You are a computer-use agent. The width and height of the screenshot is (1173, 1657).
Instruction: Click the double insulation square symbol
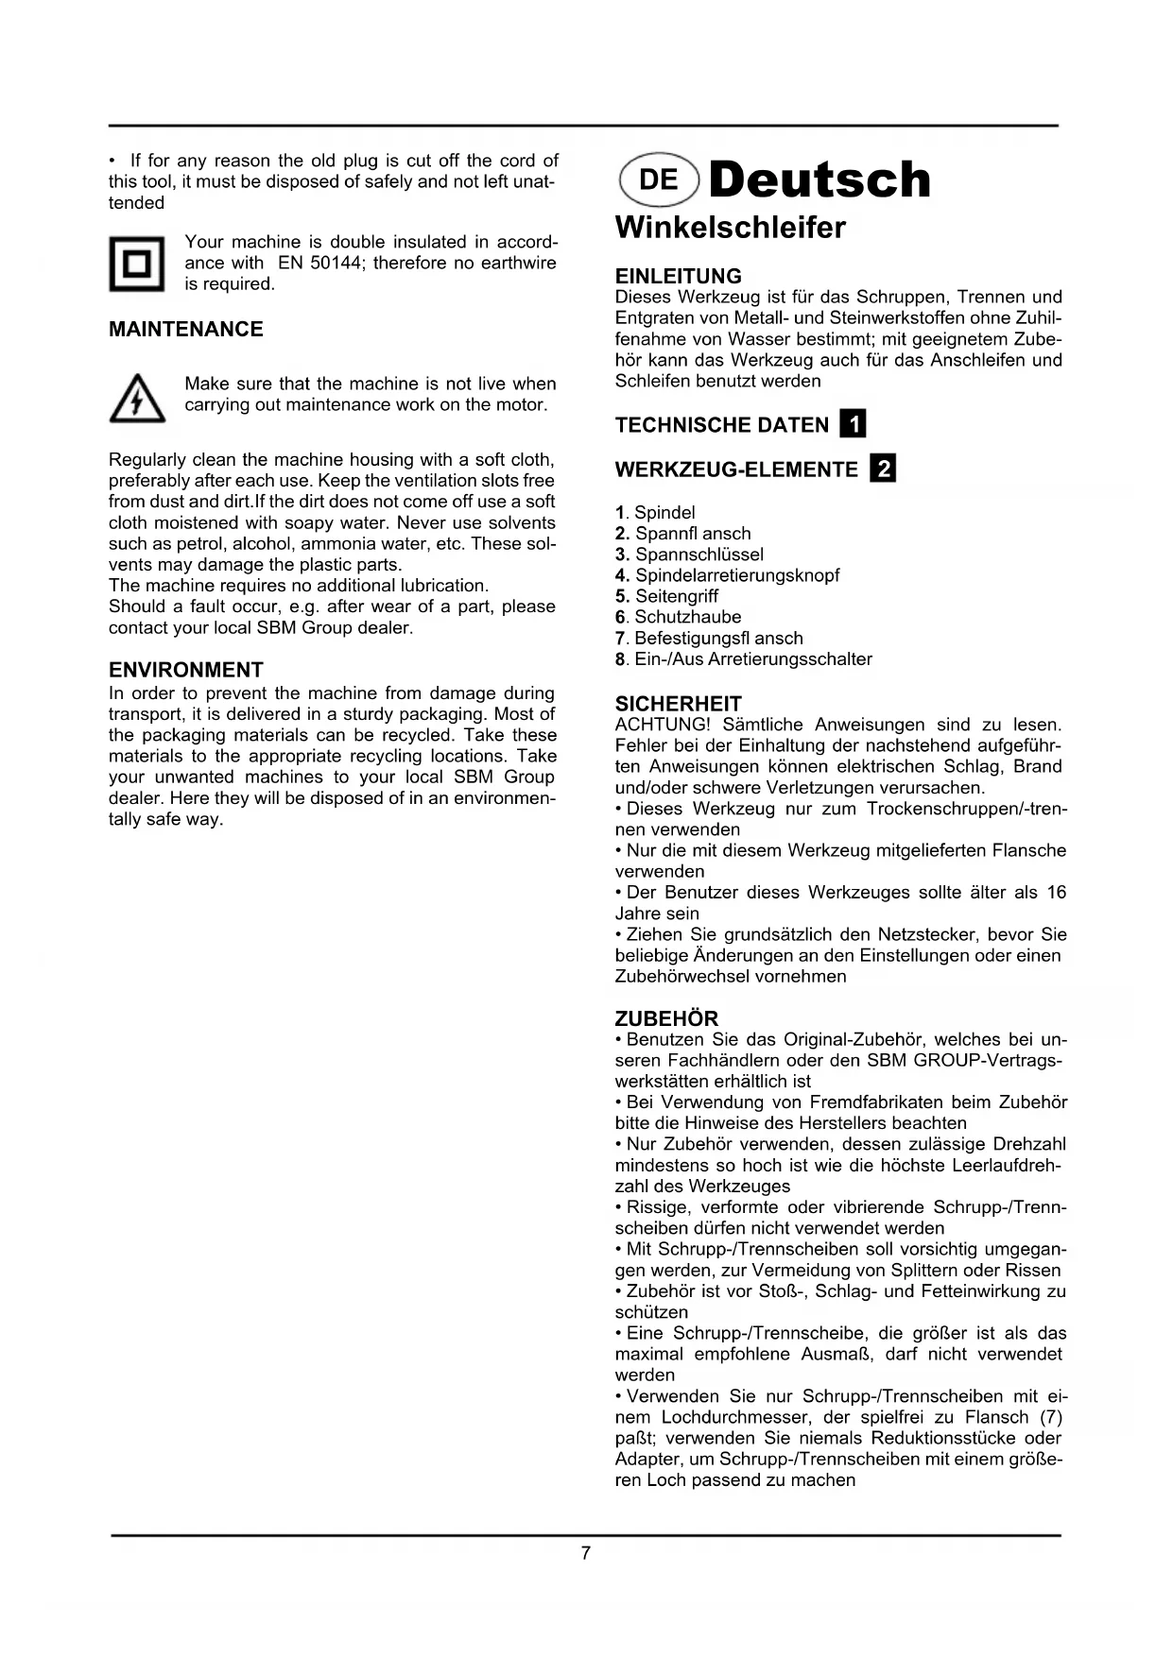(x=137, y=264)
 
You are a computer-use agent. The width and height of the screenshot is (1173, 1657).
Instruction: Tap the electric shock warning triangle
(x=137, y=399)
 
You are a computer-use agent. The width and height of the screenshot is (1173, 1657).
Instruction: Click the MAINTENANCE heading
(x=186, y=330)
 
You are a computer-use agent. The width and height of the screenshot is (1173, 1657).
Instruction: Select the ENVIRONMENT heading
(x=186, y=671)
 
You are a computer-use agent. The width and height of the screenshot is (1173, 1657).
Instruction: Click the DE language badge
(x=659, y=179)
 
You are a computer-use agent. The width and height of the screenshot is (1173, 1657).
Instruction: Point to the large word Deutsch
(x=819, y=179)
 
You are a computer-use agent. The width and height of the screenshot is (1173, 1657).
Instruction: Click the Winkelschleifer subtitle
(x=731, y=228)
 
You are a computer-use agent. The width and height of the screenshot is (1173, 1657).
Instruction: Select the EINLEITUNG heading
(x=679, y=277)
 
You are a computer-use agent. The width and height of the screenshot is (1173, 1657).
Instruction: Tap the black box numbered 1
(x=853, y=424)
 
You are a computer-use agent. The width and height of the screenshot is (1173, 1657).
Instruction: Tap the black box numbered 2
(x=883, y=469)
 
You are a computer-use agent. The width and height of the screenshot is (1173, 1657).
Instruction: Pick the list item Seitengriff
(x=676, y=596)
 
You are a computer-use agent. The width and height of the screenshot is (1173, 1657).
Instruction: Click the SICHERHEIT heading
(x=679, y=704)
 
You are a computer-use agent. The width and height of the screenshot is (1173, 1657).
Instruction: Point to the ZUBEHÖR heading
(x=666, y=1019)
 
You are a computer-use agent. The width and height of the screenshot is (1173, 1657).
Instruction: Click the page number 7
(x=586, y=1553)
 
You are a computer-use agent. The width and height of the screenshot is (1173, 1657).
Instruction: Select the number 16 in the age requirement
(x=1056, y=893)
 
